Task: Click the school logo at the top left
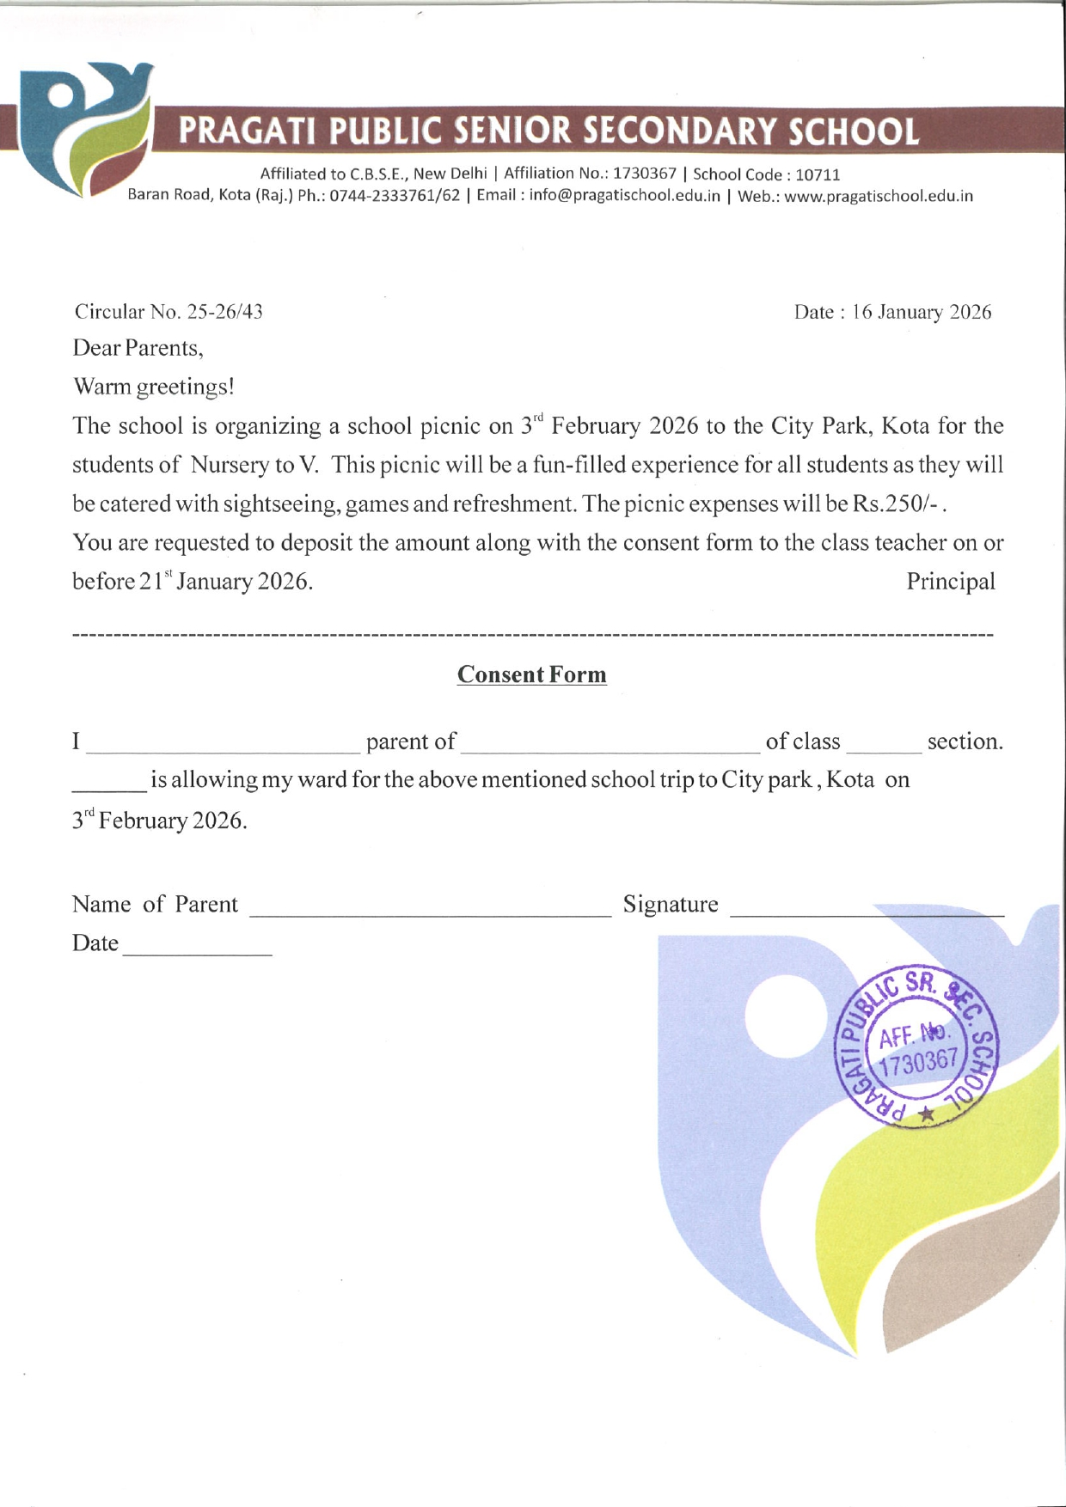pyautogui.click(x=86, y=129)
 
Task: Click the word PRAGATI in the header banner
pyautogui.click(x=249, y=131)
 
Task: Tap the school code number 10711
pyautogui.click(x=818, y=175)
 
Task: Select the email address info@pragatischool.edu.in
pyautogui.click(x=625, y=196)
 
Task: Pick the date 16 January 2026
pyautogui.click(x=922, y=313)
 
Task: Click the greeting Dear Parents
pyautogui.click(x=138, y=348)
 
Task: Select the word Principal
pyautogui.click(x=951, y=582)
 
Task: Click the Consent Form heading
pyautogui.click(x=531, y=675)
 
